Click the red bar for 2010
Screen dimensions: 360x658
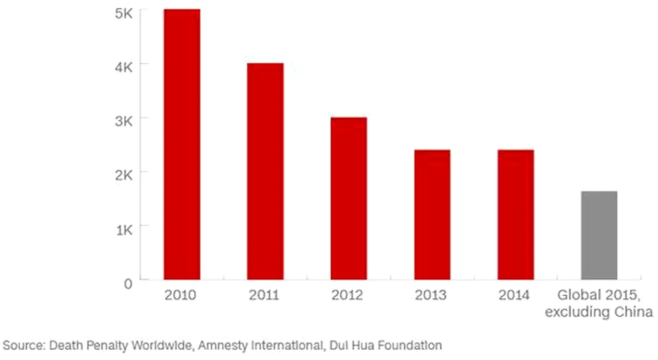click(182, 144)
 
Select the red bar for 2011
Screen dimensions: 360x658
click(265, 171)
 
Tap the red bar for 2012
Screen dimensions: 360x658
click(349, 199)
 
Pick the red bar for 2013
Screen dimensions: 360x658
click(432, 214)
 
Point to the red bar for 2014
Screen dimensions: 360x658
click(516, 214)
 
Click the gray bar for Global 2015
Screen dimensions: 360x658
click(599, 236)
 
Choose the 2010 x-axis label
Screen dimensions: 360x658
click(180, 295)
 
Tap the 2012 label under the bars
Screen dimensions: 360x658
click(347, 295)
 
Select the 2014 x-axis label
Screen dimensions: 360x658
click(514, 295)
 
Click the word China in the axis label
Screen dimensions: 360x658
click(633, 312)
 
